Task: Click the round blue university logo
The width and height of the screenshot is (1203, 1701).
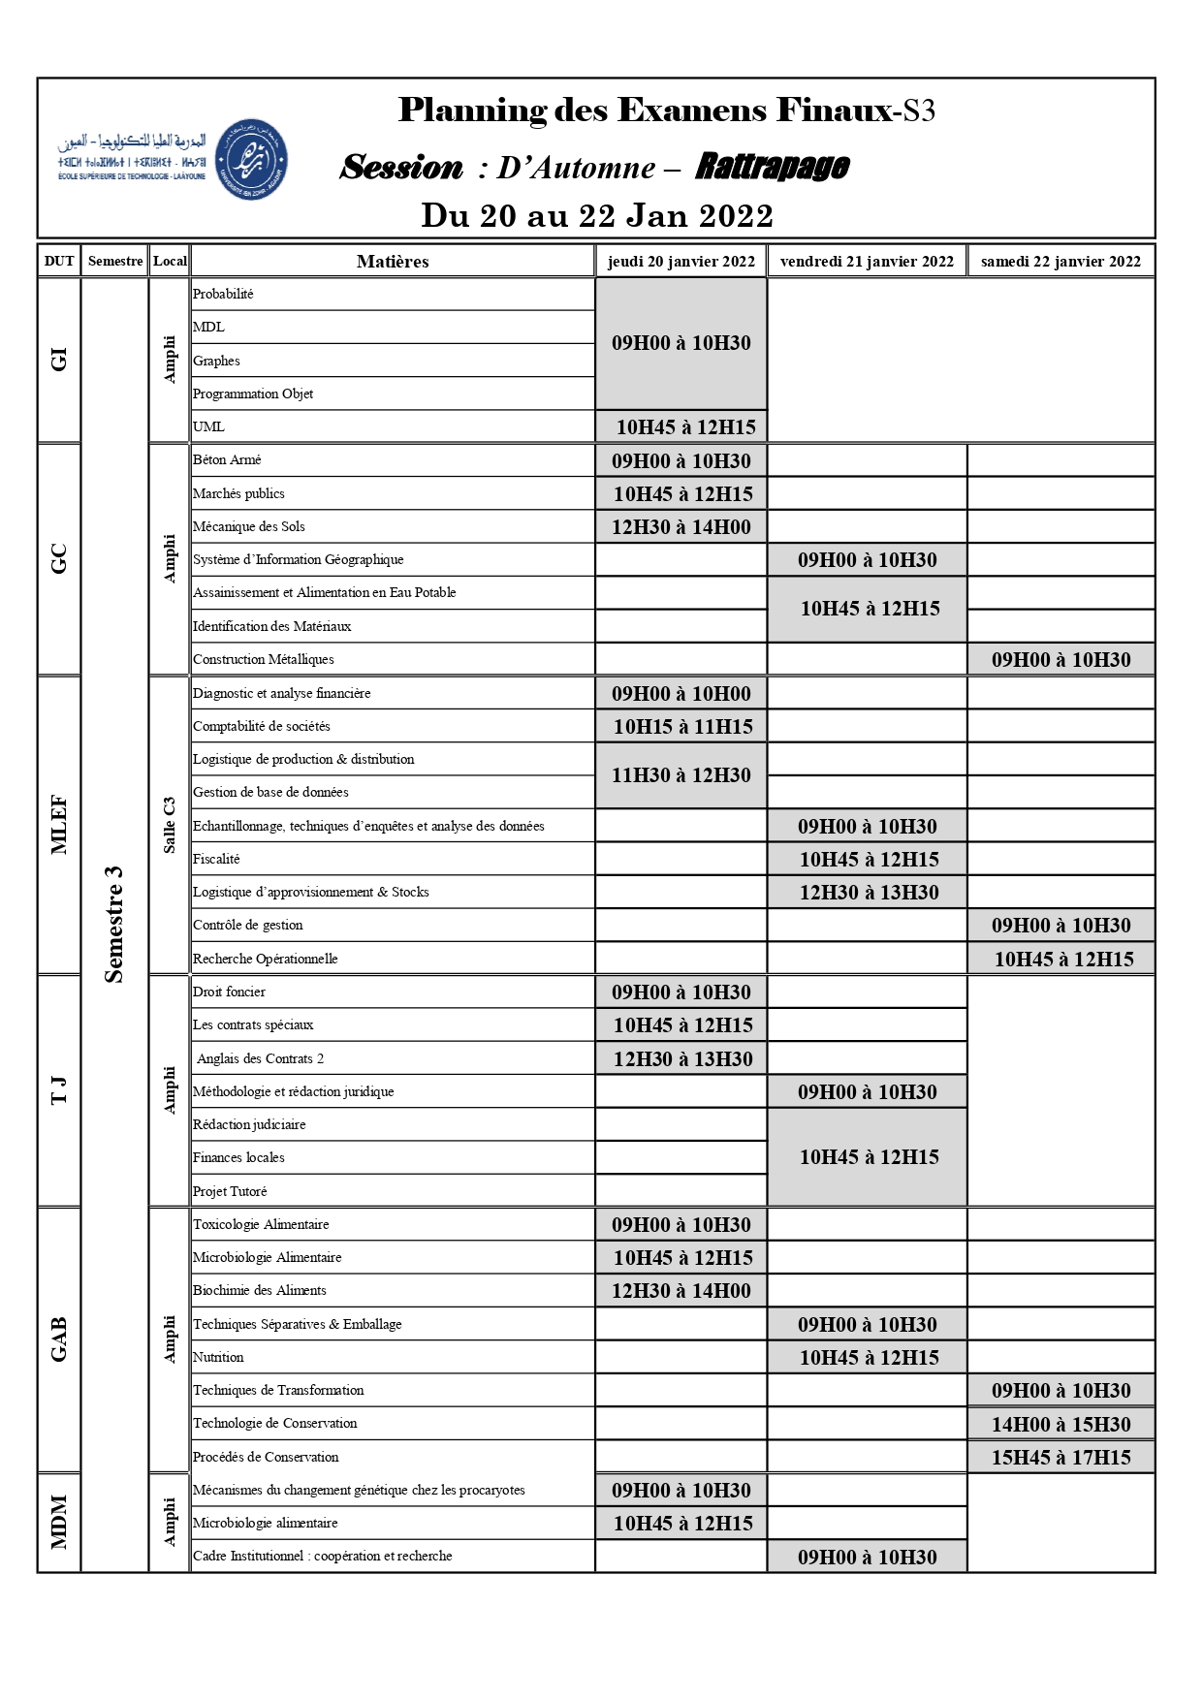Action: pyautogui.click(x=250, y=160)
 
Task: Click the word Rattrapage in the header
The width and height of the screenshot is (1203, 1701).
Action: pyautogui.click(x=772, y=167)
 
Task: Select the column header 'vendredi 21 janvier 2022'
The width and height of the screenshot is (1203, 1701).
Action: pyautogui.click(x=867, y=261)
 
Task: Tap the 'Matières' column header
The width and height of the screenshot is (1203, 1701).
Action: pyautogui.click(x=393, y=261)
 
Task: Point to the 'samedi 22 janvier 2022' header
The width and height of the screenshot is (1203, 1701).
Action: pyautogui.click(x=1061, y=261)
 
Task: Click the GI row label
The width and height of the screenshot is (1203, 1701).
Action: pyautogui.click(x=59, y=360)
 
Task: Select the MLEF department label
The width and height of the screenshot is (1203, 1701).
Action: pyautogui.click(x=59, y=825)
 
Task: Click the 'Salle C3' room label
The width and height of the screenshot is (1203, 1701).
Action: pyautogui.click(x=170, y=825)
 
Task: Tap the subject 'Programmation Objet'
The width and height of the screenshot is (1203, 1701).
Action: pyautogui.click(x=253, y=394)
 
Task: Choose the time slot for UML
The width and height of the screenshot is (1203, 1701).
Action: pyautogui.click(x=685, y=426)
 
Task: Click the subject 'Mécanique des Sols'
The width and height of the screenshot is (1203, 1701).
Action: pyautogui.click(x=249, y=526)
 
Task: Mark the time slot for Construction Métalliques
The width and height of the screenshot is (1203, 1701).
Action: pyautogui.click(x=1061, y=660)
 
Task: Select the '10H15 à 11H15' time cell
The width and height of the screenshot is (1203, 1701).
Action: pyautogui.click(x=682, y=727)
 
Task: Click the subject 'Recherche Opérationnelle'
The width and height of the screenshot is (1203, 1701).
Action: pyautogui.click(x=266, y=959)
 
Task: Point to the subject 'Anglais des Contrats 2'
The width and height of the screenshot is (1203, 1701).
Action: pyautogui.click(x=260, y=1058)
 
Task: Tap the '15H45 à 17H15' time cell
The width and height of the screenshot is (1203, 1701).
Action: pyautogui.click(x=1061, y=1457)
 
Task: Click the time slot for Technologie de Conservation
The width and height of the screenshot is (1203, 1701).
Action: pyautogui.click(x=1061, y=1424)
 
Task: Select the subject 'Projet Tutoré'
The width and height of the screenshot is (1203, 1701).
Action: pyautogui.click(x=230, y=1191)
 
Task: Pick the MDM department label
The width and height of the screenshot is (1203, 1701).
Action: pyautogui.click(x=59, y=1522)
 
